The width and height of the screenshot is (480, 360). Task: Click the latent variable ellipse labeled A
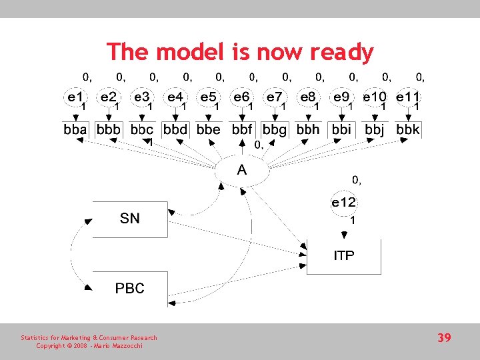(242, 171)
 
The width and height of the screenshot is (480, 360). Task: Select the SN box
(130, 219)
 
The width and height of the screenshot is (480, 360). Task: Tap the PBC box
(130, 289)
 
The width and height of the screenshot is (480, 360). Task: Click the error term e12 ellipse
(344, 203)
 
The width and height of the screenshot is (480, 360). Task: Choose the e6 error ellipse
(242, 97)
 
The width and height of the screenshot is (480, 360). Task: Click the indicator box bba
(75, 129)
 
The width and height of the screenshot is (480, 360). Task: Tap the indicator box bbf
(242, 129)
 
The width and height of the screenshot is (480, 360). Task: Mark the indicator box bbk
(408, 129)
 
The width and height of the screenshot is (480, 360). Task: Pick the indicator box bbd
(175, 129)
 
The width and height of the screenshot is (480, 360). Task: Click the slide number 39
(444, 338)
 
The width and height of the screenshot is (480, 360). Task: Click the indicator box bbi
(341, 129)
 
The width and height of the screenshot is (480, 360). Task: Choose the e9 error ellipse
(341, 97)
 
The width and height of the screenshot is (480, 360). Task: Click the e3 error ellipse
(142, 97)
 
